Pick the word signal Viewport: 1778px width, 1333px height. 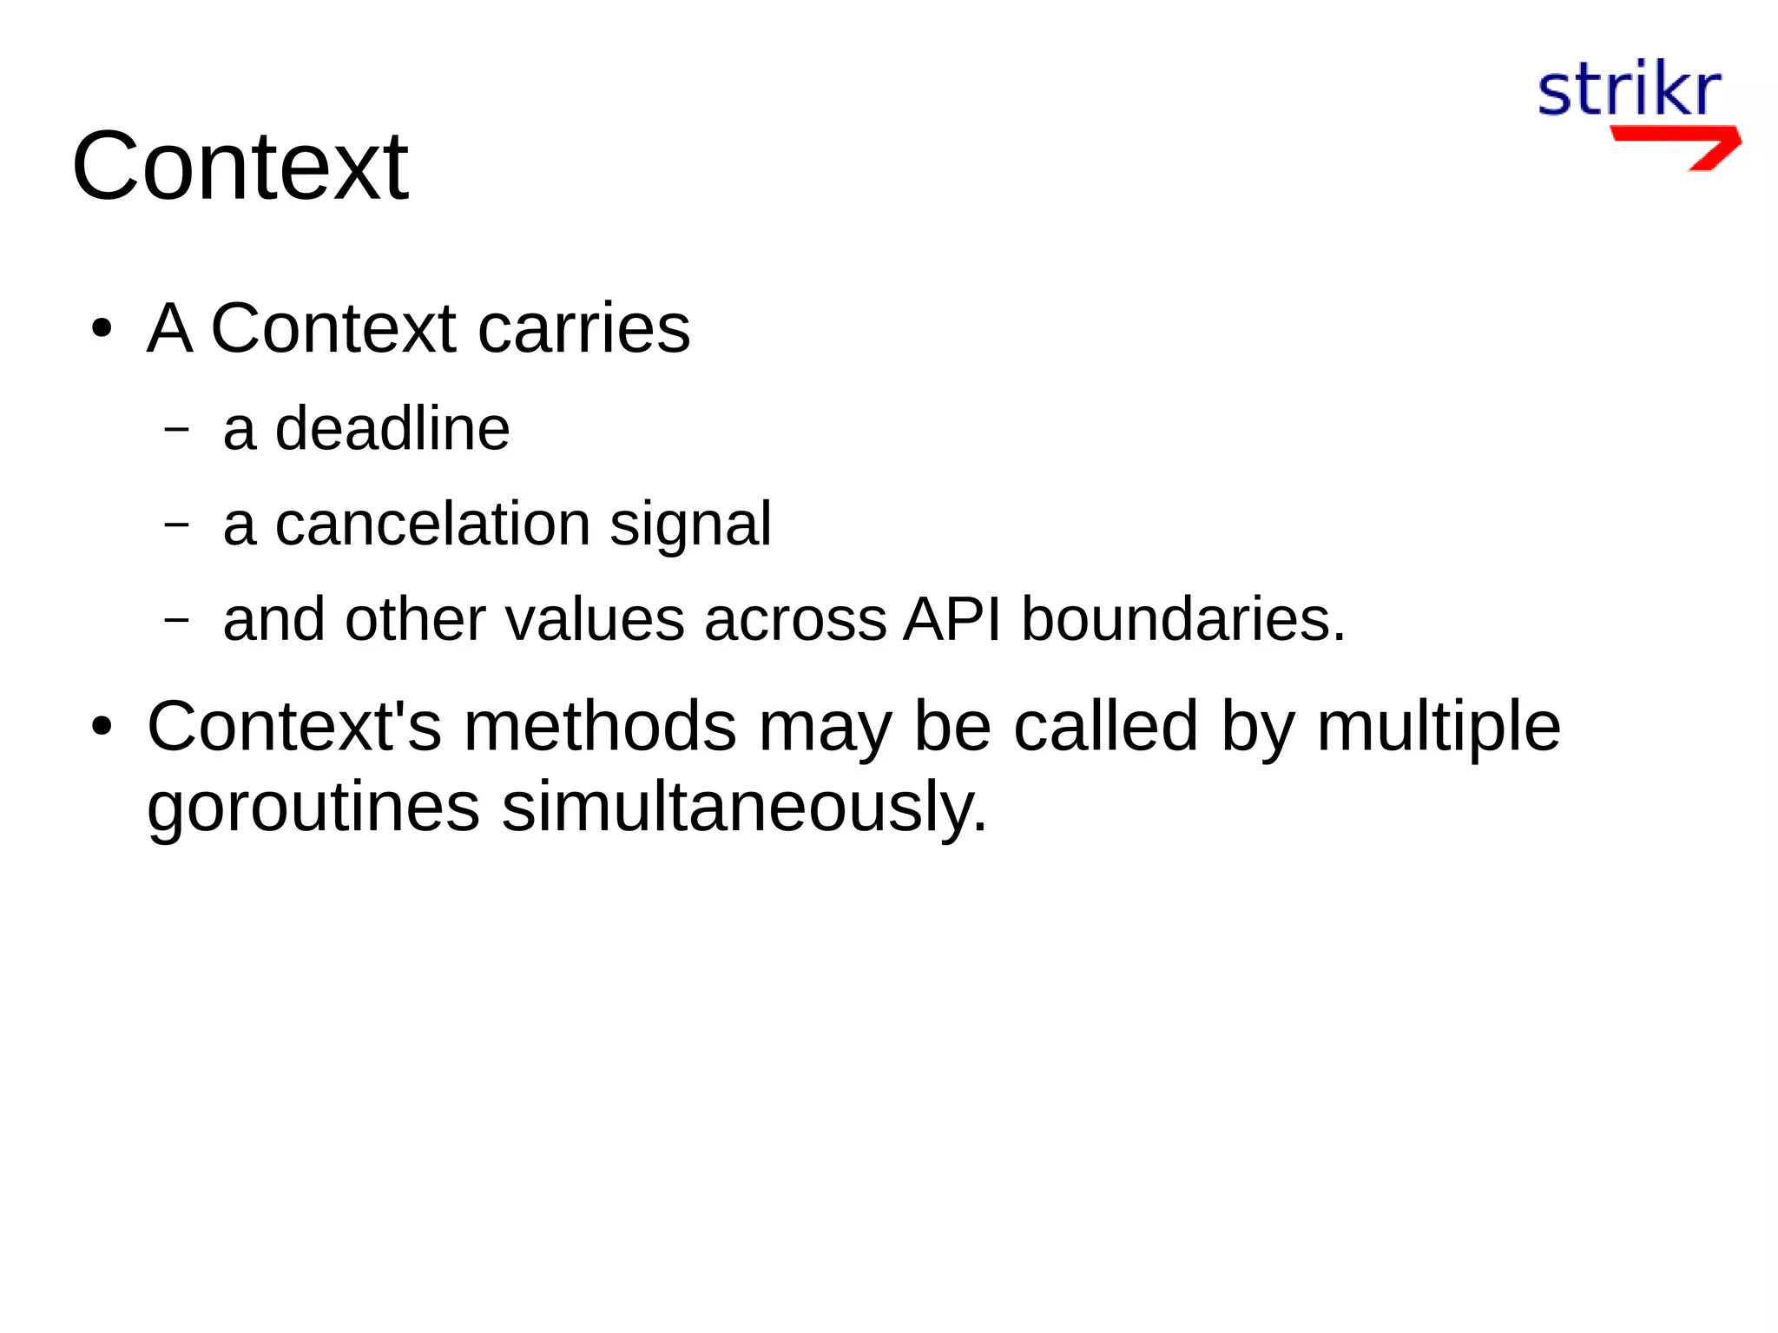click(x=689, y=525)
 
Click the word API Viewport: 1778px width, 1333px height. click(x=952, y=619)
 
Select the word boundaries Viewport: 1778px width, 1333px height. click(x=1182, y=619)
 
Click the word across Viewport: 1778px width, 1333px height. click(x=795, y=621)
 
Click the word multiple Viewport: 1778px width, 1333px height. click(x=1439, y=728)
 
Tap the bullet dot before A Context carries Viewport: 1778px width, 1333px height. click(x=102, y=329)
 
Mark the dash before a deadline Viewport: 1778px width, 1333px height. click(x=176, y=429)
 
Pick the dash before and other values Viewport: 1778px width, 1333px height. click(x=176, y=620)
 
